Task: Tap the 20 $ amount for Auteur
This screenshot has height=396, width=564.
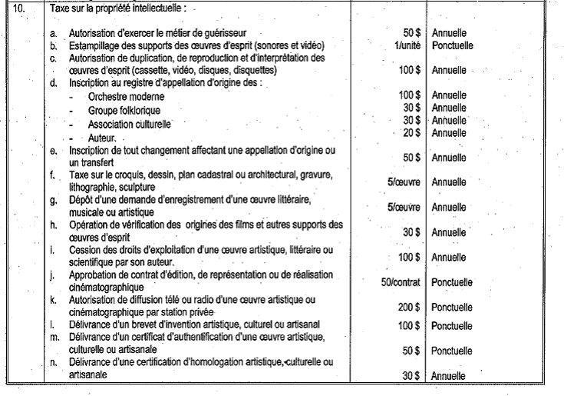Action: (412, 132)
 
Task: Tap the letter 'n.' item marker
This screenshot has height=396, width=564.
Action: (53, 362)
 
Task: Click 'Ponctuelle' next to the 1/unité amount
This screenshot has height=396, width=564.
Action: (453, 45)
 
